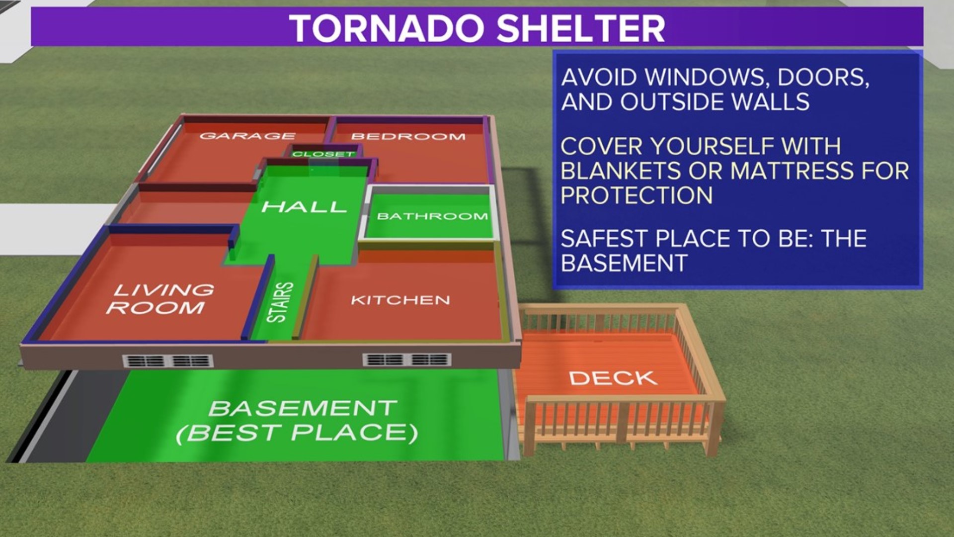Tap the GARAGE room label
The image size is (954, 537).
tap(247, 136)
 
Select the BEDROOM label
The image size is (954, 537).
tap(408, 136)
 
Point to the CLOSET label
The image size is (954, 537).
tap(323, 154)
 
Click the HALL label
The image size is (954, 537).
tap(304, 206)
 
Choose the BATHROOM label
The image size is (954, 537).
tap(432, 216)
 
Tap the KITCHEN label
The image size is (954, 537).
tap(400, 300)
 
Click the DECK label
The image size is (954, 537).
tap(613, 378)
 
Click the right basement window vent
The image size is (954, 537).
tap(407, 359)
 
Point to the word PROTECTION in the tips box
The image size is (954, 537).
tap(636, 195)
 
